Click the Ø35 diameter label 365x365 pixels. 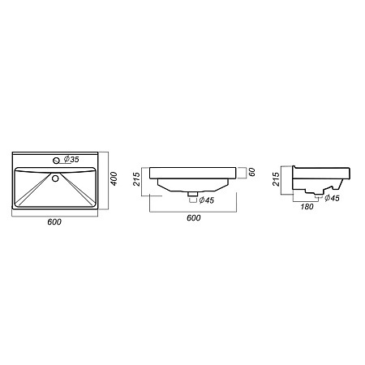(71, 159)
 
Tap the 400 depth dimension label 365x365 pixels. (114, 178)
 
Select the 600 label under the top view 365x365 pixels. (54, 221)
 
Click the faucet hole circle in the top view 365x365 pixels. (56, 161)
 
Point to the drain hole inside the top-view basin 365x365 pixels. (55, 178)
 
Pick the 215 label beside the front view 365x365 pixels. (137, 179)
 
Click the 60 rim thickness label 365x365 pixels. (251, 172)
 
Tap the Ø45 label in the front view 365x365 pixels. (207, 200)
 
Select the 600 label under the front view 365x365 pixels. (194, 217)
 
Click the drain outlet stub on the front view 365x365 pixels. (193, 194)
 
